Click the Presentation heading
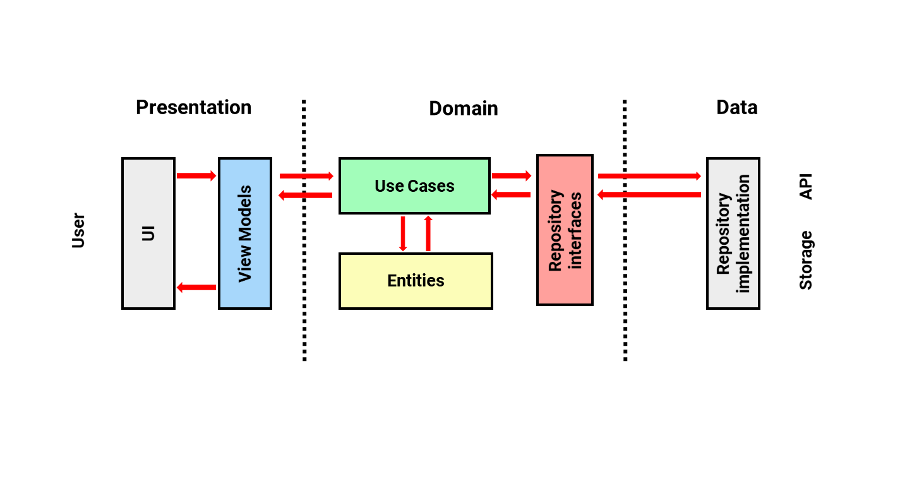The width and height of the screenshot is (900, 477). click(x=194, y=108)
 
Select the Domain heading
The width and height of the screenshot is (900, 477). click(x=463, y=109)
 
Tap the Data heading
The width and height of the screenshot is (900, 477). click(x=737, y=108)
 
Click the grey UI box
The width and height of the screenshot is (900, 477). click(x=148, y=233)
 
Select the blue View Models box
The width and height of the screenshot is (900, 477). click(x=245, y=233)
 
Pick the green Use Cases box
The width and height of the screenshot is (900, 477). click(x=415, y=185)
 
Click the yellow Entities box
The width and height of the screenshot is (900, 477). click(x=416, y=281)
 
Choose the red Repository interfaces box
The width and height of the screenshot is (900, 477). click(x=565, y=230)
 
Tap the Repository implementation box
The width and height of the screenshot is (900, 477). click(x=733, y=233)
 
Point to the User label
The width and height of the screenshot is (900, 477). click(x=78, y=230)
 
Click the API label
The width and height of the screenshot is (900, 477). click(x=806, y=187)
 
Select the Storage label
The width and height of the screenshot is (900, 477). click(x=806, y=260)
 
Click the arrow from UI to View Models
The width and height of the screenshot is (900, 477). click(x=196, y=175)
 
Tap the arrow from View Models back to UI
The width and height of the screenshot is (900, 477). click(x=196, y=288)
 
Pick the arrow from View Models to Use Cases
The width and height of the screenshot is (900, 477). click(x=306, y=176)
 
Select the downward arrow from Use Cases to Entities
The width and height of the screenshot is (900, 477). click(x=403, y=233)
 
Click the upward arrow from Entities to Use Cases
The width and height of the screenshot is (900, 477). click(x=428, y=233)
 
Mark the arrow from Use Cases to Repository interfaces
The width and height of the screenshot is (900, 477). click(x=512, y=175)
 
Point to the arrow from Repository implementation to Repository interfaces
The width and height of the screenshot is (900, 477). click(x=649, y=195)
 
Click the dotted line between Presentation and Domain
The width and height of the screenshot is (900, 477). click(x=304, y=230)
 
